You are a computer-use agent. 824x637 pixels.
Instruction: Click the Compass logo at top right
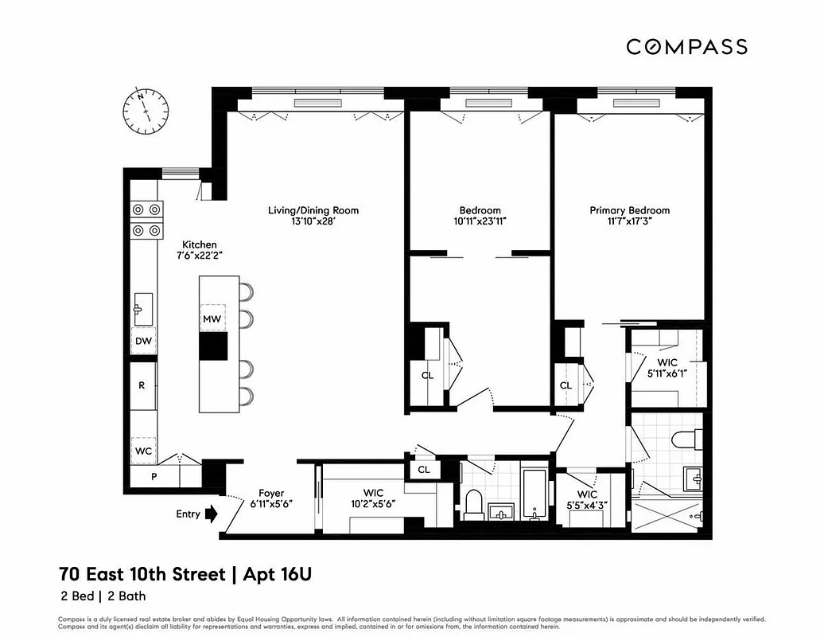click(686, 46)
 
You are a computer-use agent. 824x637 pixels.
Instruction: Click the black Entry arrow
click(211, 514)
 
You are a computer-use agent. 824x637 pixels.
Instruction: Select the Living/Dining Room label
click(313, 210)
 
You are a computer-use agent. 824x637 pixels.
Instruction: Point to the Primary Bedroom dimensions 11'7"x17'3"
click(629, 222)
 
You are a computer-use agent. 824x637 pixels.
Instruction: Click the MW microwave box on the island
click(212, 318)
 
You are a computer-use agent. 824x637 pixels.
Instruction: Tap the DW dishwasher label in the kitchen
click(143, 341)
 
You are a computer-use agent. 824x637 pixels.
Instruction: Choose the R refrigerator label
click(142, 385)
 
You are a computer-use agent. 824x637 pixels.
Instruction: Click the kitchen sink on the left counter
click(143, 305)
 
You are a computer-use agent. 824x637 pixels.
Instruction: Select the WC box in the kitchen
click(143, 450)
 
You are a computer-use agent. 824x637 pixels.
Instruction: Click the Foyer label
click(271, 493)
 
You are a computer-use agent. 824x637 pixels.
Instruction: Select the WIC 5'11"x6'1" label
click(667, 368)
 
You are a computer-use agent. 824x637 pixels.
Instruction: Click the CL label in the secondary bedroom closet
click(427, 375)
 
